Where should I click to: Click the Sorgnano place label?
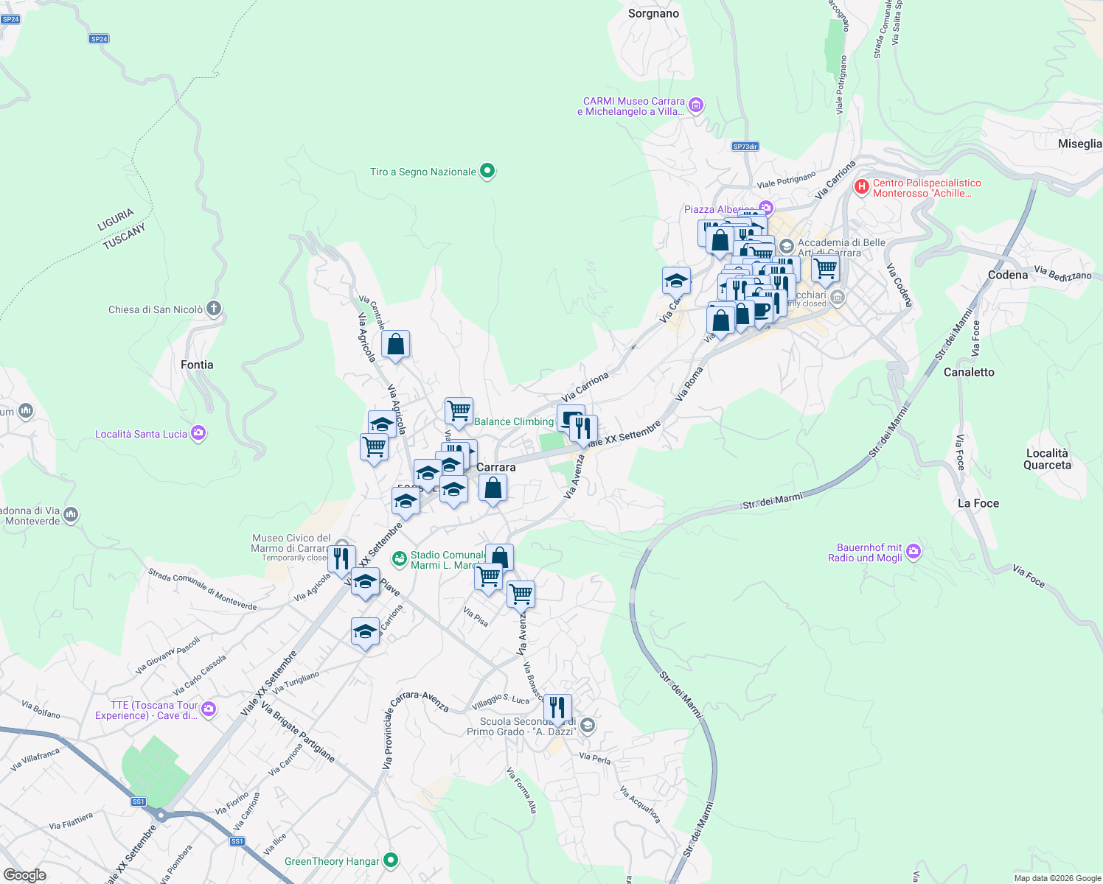coord(653,13)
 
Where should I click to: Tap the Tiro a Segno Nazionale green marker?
coord(487,172)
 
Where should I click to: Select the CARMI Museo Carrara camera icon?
coord(695,106)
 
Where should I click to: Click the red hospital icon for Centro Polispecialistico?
coord(861,187)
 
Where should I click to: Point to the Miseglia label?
coord(1079,144)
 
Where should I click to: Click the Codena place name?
coord(1007,275)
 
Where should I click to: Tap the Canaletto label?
coord(969,372)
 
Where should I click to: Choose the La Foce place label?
coord(978,503)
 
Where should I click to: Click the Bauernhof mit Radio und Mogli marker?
coord(914,552)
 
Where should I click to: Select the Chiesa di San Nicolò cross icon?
coord(214,309)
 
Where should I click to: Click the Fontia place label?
coord(197,365)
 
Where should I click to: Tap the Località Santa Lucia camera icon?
coord(198,433)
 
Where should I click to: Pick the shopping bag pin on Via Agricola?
coord(396,344)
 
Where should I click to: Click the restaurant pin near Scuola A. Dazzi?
coord(557,709)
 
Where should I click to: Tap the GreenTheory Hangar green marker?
coord(391,860)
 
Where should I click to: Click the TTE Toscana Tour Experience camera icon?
coord(209,709)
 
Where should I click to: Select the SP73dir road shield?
coord(745,147)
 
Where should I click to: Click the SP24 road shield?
coord(99,39)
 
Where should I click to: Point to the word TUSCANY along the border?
coord(124,236)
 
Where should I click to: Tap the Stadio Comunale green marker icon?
coord(399,560)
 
